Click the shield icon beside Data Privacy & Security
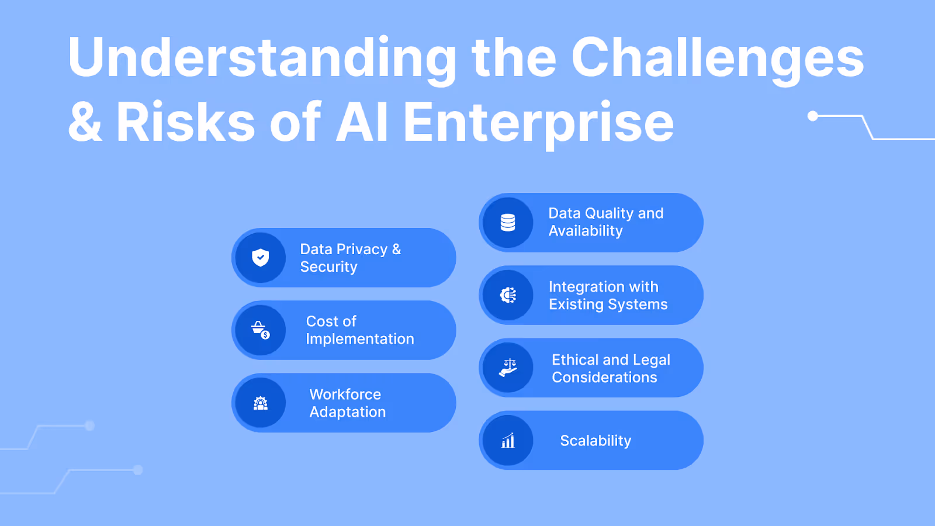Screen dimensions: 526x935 [x=260, y=258]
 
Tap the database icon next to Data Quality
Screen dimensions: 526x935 [x=508, y=222]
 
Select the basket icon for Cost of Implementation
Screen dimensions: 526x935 [x=260, y=330]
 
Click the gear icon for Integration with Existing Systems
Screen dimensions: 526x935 [x=508, y=295]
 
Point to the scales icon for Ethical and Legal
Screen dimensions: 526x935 [x=508, y=368]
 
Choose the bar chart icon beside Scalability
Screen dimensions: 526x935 [x=508, y=441]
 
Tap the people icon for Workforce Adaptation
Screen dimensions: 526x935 [x=260, y=403]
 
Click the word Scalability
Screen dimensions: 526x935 [x=595, y=441]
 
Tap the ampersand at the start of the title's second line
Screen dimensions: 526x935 [x=85, y=122]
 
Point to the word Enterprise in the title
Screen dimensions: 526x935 [x=538, y=122]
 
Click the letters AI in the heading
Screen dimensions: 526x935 [x=362, y=122]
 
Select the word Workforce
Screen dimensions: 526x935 [x=345, y=394]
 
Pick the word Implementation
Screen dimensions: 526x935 [x=359, y=340]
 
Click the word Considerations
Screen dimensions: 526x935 [x=604, y=378]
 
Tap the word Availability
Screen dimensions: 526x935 [x=586, y=231]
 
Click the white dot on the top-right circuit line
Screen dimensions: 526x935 [x=812, y=116]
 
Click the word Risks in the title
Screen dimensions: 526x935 [x=185, y=122]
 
